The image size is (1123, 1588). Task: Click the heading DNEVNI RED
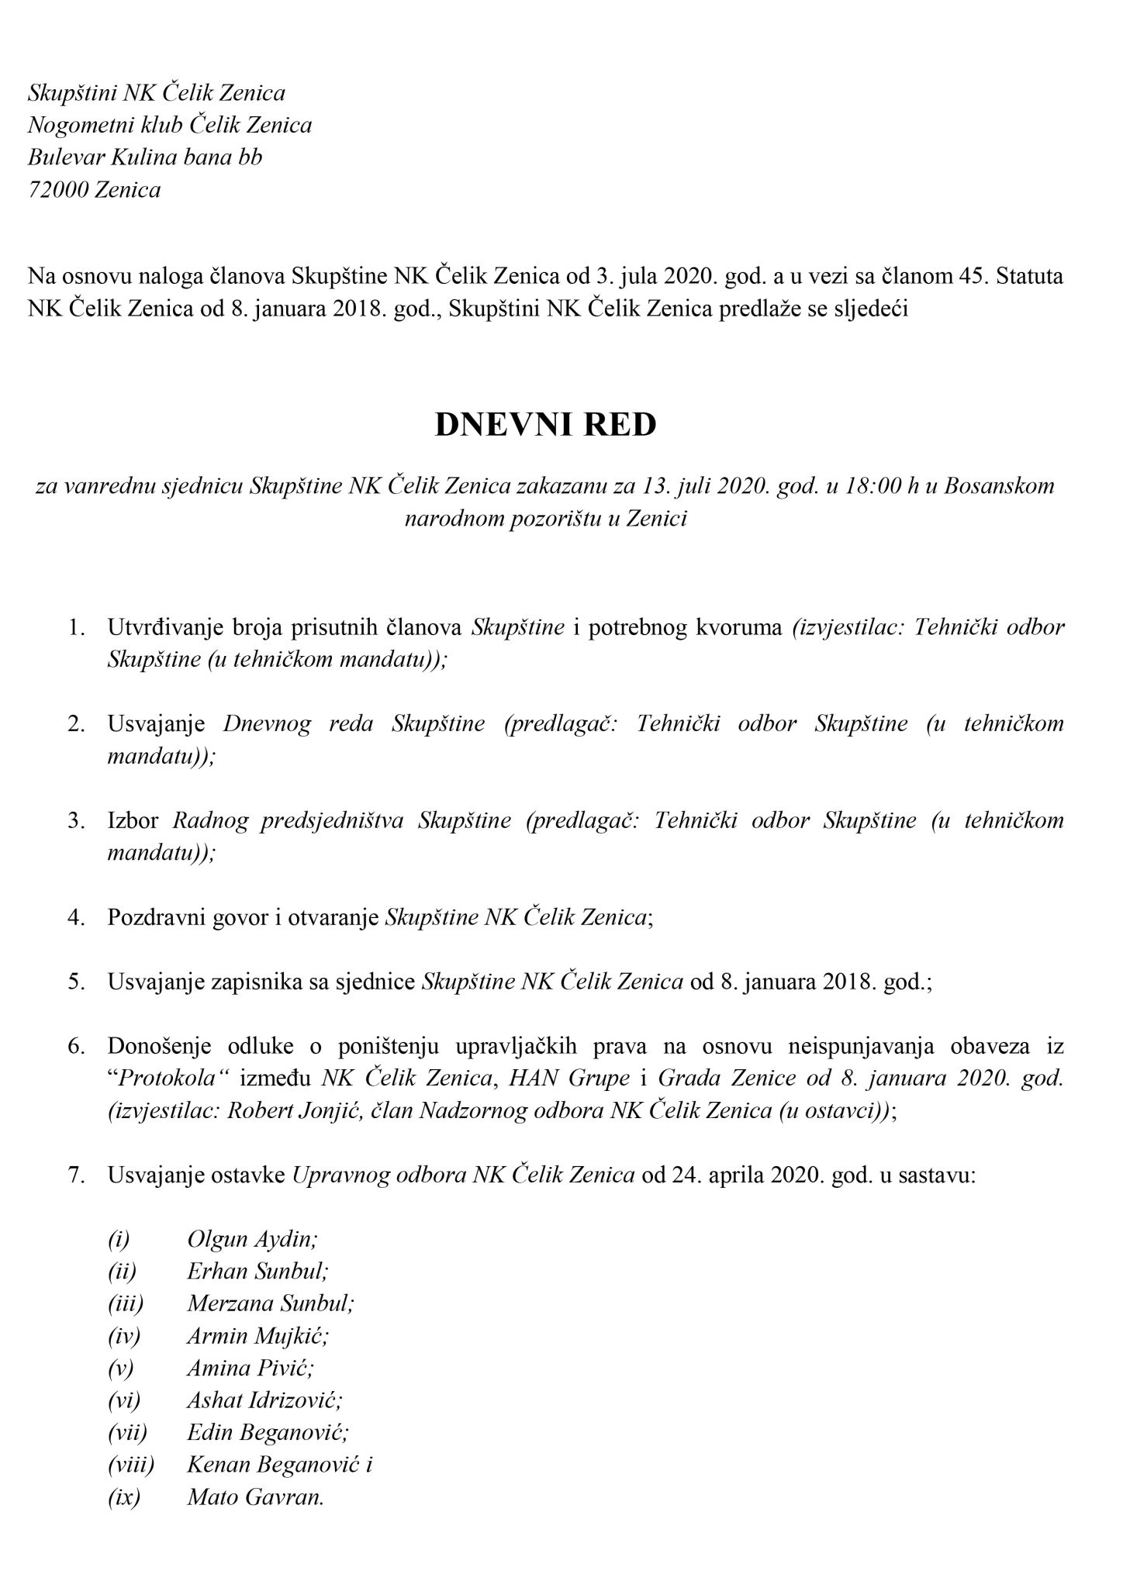[545, 425]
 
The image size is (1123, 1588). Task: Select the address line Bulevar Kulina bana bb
[145, 157]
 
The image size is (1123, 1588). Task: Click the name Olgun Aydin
[252, 1238]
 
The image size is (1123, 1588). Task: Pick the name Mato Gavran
[255, 1497]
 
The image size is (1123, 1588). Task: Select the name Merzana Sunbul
[271, 1303]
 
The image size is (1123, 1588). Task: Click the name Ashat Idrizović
[264, 1400]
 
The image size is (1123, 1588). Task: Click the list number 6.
[76, 1046]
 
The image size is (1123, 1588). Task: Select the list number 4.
[76, 917]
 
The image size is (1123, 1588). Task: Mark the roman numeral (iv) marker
[124, 1335]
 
